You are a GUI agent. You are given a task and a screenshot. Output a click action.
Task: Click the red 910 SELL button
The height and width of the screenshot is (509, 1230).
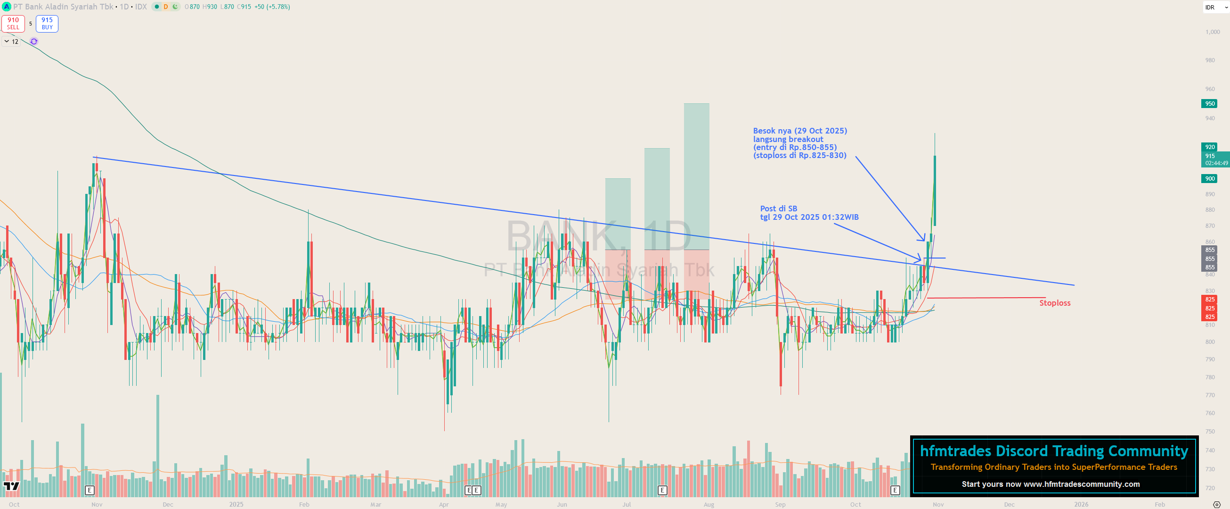[13, 24]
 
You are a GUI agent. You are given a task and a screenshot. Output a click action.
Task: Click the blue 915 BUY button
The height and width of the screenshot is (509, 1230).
[47, 24]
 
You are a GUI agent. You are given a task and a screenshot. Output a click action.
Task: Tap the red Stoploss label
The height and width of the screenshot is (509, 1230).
[1054, 303]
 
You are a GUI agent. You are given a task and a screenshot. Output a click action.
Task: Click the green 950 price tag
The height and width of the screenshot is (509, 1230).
[1209, 104]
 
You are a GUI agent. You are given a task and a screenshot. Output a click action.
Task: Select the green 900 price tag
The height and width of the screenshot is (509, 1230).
[1209, 179]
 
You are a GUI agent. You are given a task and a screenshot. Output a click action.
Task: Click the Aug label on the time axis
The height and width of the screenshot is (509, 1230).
[709, 504]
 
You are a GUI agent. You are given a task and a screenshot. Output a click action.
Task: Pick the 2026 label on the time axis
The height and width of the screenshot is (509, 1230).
[1081, 504]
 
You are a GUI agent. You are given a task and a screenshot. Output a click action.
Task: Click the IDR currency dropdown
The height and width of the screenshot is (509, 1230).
[1215, 7]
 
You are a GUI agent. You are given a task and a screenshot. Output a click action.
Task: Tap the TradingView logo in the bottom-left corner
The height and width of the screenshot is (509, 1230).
[11, 486]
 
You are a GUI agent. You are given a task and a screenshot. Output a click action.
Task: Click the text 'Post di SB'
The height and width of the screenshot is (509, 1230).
[778, 209]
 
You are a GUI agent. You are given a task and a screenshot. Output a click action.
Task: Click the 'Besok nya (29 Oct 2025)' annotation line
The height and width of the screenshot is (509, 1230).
[800, 131]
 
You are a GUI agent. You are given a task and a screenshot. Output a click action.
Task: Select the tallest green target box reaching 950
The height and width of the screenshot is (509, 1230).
[696, 177]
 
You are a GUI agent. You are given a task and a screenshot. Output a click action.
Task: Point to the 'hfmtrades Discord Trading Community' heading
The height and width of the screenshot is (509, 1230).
[1054, 451]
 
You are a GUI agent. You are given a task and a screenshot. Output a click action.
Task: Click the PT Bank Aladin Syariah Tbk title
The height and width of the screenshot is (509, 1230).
[63, 7]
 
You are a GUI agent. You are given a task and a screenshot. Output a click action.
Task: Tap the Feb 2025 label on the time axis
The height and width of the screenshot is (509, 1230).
[304, 504]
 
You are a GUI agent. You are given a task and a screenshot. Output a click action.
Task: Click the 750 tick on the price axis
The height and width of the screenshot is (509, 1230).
[1209, 432]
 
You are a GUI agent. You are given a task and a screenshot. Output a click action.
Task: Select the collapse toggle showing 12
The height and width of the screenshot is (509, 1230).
[11, 42]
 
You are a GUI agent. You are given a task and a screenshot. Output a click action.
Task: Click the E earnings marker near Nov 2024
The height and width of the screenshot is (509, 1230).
[90, 490]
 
